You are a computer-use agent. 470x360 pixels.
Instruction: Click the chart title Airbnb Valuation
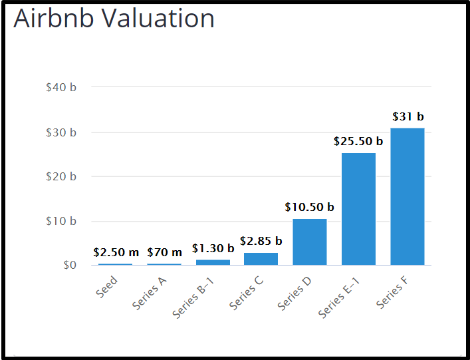coord(114,19)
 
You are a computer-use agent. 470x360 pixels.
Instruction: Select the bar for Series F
coord(408,196)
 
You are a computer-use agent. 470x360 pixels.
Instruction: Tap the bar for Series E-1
coord(358,209)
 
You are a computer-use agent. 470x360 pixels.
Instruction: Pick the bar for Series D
coord(310,242)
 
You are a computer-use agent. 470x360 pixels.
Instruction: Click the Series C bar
coord(261,259)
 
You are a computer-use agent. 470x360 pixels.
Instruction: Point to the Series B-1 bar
coord(213,262)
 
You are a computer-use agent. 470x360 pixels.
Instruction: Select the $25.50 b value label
coord(358,141)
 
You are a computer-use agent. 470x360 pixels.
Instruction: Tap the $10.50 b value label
coord(310,207)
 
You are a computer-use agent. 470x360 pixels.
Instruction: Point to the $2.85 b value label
coord(261,241)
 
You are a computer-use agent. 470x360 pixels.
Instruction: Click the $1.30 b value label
coord(213,248)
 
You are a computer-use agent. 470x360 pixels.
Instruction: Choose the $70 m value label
coord(165,252)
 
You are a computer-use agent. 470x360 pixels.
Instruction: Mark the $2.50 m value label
coord(116,252)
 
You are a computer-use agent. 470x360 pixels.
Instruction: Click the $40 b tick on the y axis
coord(61,88)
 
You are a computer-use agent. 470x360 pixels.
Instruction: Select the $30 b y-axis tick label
coord(61,132)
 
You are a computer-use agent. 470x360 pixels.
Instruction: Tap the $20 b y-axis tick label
coord(61,176)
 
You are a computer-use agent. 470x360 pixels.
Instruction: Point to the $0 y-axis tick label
coord(70,265)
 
